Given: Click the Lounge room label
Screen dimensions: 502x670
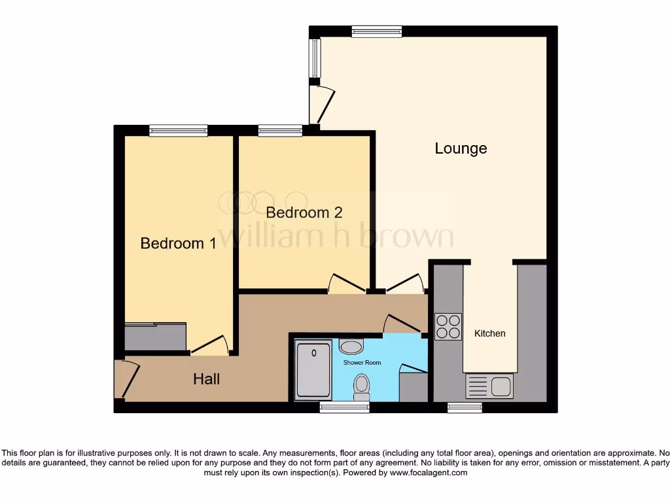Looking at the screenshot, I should click(461, 148).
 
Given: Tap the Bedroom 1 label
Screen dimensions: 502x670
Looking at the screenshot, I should click(178, 243).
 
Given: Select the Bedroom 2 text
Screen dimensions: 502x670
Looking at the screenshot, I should click(304, 212).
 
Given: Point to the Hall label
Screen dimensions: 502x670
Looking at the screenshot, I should click(206, 378).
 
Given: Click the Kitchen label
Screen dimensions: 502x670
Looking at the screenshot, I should click(489, 333).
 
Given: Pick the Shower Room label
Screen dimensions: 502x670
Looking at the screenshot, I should click(362, 362).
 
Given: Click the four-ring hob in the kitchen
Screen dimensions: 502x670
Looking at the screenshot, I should click(448, 327).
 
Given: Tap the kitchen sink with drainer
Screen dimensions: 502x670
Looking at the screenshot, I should click(489, 386).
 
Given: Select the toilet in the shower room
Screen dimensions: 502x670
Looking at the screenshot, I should click(361, 387).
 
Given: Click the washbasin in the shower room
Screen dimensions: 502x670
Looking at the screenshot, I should click(352, 346).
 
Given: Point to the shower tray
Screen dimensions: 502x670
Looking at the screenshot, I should click(313, 369).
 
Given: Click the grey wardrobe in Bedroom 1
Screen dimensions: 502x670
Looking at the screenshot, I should click(156, 337).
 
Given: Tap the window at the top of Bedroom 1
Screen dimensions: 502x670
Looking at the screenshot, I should click(178, 131).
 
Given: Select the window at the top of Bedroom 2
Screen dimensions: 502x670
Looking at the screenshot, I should click(280, 131).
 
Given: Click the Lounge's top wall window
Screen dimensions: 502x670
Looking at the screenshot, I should click(376, 31).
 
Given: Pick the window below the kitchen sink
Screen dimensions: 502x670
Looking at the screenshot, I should click(465, 408).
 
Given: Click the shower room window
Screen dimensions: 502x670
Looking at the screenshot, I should click(344, 408).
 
